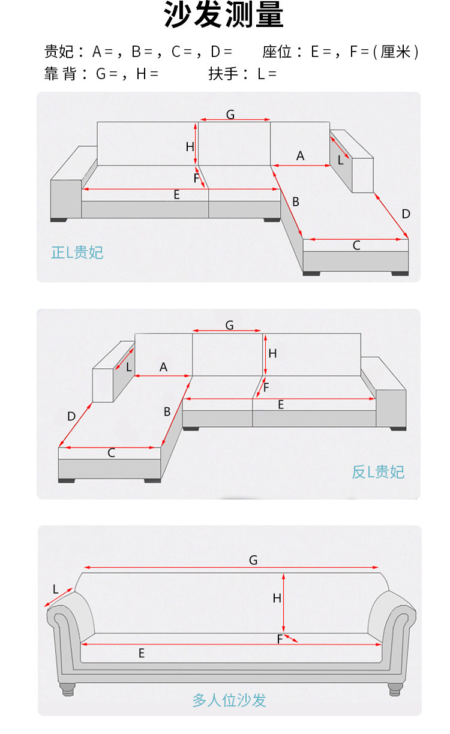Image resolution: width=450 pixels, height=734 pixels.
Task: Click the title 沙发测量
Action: pyautogui.click(x=224, y=16)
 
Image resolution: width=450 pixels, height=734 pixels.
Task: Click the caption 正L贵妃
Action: pyautogui.click(x=77, y=252)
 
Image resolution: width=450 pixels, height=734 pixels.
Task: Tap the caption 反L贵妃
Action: pyautogui.click(x=378, y=472)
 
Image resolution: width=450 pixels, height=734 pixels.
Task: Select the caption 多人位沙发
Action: pyautogui.click(x=229, y=699)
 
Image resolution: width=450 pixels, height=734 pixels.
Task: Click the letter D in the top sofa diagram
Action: pyautogui.click(x=406, y=214)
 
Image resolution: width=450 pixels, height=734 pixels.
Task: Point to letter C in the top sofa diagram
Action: pyautogui.click(x=356, y=245)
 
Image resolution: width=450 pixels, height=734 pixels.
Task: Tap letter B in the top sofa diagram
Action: pyautogui.click(x=296, y=202)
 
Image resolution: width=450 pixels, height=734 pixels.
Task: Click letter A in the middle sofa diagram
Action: pyautogui.click(x=163, y=367)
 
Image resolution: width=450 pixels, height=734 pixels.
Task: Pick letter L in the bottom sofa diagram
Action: pyautogui.click(x=55, y=589)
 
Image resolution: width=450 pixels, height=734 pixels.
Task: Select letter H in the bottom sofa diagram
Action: pyautogui.click(x=277, y=598)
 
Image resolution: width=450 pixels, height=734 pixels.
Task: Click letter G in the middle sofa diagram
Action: pyautogui.click(x=229, y=325)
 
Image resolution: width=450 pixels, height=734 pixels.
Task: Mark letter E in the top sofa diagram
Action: pyautogui.click(x=176, y=195)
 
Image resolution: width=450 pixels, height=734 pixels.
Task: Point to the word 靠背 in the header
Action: pyautogui.click(x=59, y=74)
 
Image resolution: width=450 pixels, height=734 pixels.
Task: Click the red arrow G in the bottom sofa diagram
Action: pyautogui.click(x=231, y=567)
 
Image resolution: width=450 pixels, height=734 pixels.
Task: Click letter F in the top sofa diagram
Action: pyautogui.click(x=196, y=178)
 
